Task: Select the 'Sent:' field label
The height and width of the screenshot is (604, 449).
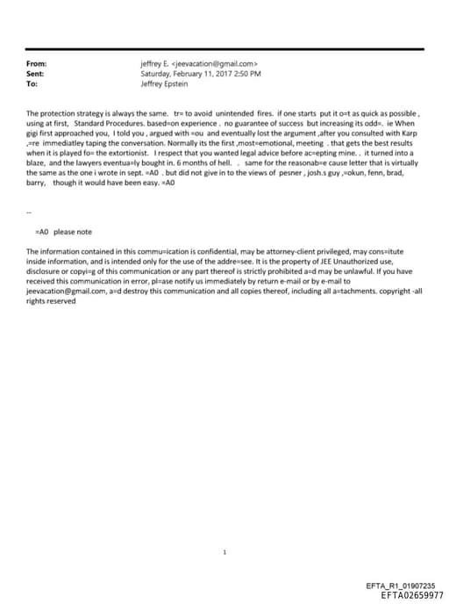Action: tap(37, 75)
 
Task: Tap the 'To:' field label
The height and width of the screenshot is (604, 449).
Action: tap(33, 84)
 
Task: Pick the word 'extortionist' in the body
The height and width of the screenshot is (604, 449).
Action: tap(117, 153)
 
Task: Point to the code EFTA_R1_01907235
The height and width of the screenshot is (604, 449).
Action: tap(406, 586)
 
